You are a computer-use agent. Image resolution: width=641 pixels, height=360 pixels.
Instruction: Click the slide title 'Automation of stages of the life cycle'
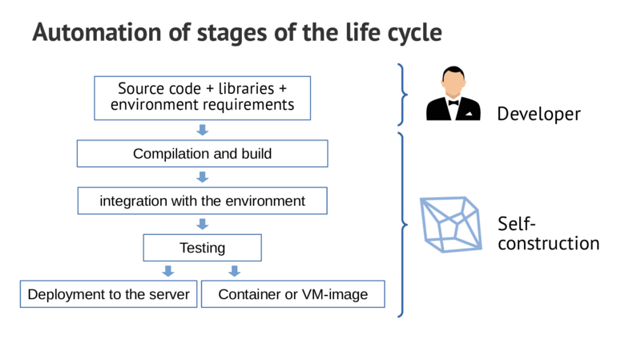point(236,33)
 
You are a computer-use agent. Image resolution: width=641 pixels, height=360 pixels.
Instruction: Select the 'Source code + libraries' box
point(202,96)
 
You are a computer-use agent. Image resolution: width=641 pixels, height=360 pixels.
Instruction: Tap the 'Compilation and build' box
point(202,154)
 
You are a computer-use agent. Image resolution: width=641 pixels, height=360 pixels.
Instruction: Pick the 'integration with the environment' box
point(202,200)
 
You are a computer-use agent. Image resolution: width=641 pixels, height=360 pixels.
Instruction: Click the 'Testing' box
point(202,248)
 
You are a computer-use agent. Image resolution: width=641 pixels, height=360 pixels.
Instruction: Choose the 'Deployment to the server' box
point(108,294)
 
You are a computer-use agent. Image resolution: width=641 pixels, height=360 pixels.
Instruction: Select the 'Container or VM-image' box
point(292,294)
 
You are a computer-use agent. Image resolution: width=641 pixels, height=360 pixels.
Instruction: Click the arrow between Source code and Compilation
point(202,130)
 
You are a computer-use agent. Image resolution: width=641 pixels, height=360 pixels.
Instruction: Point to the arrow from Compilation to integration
point(202,177)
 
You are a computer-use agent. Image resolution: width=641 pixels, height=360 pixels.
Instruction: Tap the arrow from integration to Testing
point(202,224)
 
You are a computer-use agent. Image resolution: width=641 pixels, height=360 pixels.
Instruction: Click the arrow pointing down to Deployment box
point(168,271)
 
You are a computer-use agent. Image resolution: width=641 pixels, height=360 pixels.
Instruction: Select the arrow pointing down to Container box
point(235,271)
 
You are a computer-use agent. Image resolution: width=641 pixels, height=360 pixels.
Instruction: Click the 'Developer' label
point(538,115)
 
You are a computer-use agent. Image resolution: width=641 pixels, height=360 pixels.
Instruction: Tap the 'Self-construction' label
point(548,233)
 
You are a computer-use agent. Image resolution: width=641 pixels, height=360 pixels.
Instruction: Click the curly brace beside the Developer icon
point(402,95)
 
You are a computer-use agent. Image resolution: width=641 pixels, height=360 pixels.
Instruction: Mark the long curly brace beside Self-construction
point(402,224)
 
